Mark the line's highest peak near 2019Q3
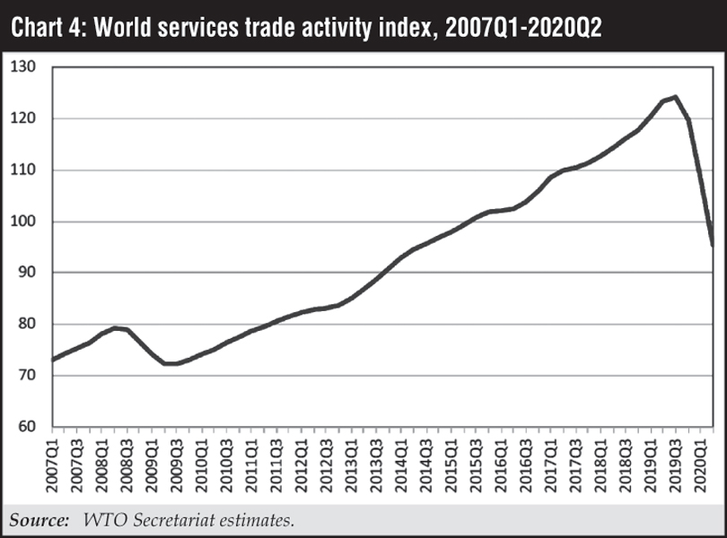[x=675, y=97]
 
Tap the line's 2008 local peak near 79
[x=117, y=327]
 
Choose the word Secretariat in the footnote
[x=173, y=519]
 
